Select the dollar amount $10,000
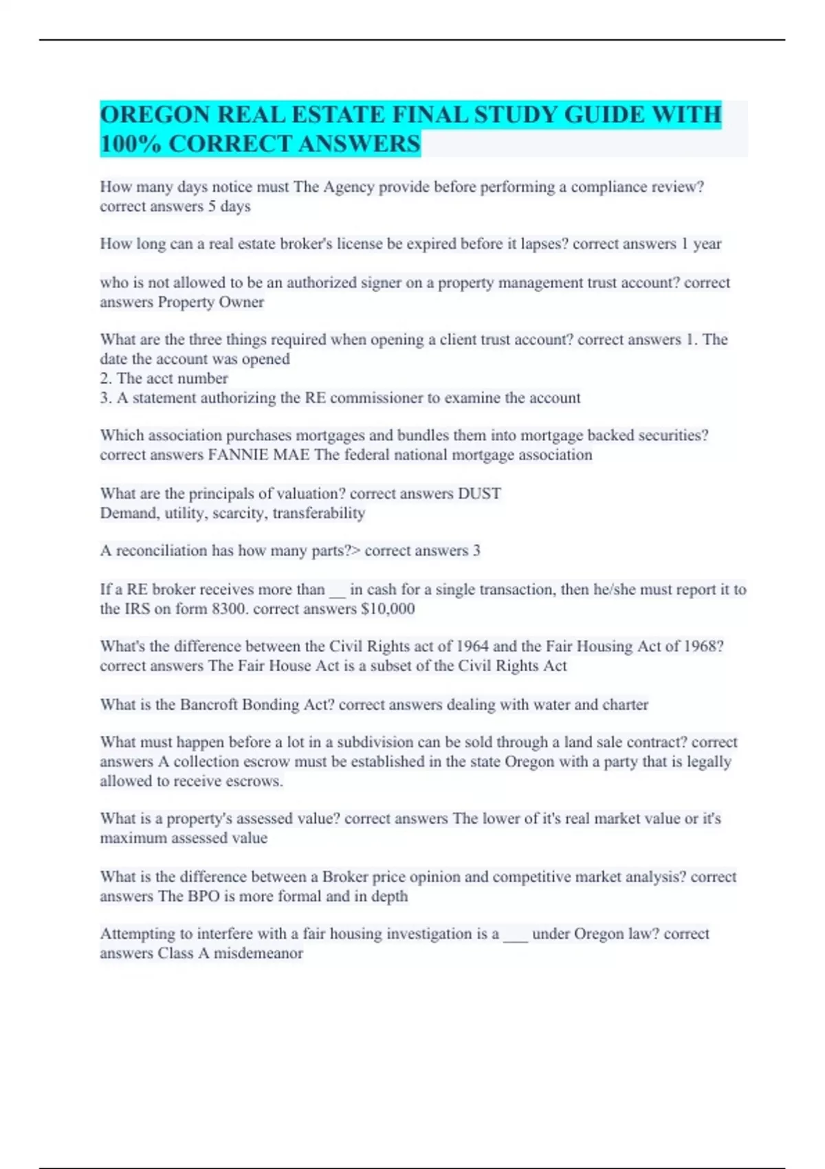pos(388,609)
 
